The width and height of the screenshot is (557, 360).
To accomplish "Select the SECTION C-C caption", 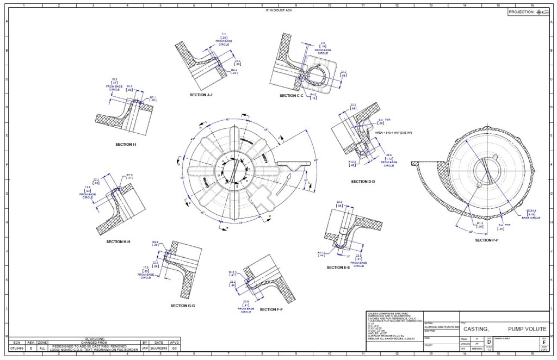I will pos(291,96).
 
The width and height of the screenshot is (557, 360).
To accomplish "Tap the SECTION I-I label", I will pos(126,145).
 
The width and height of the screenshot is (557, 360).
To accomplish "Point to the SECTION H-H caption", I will pos(118,241).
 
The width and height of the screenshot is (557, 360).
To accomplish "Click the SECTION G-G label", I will pos(182,306).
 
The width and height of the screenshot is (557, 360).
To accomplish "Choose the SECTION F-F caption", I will pos(271,309).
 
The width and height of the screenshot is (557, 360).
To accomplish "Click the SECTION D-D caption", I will pos(363,182).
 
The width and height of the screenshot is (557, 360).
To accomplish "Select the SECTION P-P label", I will pos(487,240).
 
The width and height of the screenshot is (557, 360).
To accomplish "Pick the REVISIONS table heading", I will pos(95,338).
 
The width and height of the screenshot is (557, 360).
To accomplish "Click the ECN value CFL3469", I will pos(17,346).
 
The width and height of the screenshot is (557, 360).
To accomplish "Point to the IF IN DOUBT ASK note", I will pos(278,10).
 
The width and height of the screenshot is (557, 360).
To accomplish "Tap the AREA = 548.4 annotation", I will pos(394,133).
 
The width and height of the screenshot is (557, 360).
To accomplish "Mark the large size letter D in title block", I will pos(488,341).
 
